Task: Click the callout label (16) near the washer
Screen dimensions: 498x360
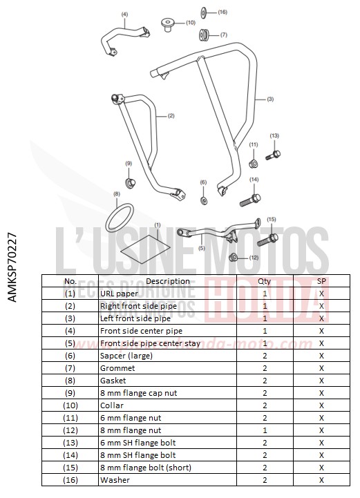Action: (x=222, y=12)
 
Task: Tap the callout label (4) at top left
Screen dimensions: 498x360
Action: (x=124, y=14)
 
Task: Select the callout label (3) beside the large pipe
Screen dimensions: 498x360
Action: (x=269, y=99)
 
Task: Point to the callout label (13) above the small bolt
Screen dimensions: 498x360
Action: (x=274, y=135)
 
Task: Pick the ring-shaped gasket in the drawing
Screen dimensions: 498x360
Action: (x=120, y=216)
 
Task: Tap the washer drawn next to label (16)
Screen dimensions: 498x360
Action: (x=205, y=12)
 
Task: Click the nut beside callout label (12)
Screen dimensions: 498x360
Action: (x=234, y=258)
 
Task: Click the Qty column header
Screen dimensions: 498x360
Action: (x=265, y=281)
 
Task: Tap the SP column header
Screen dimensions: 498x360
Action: (x=321, y=281)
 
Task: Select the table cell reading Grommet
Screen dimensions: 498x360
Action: (x=117, y=368)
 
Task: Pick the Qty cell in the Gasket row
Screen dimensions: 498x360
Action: (x=265, y=381)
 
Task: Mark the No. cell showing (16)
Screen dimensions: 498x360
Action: (x=70, y=480)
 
